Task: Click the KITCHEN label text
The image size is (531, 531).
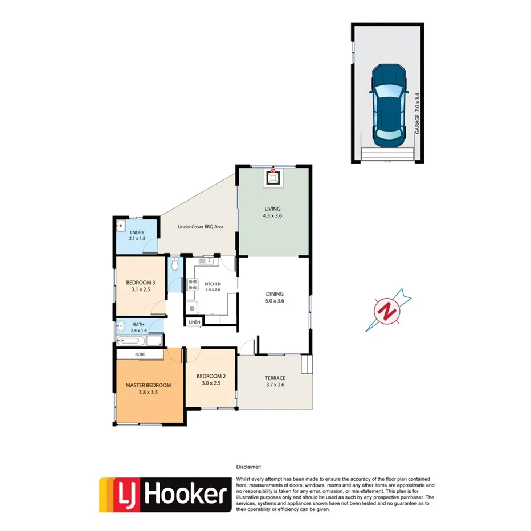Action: (213, 284)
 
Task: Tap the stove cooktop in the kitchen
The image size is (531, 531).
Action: (193, 285)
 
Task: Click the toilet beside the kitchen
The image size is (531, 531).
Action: (175, 265)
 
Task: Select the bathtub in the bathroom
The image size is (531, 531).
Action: (132, 342)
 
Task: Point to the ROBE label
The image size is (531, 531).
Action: (140, 354)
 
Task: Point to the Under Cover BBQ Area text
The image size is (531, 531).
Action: (201, 227)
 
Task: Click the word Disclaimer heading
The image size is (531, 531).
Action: (248, 466)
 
